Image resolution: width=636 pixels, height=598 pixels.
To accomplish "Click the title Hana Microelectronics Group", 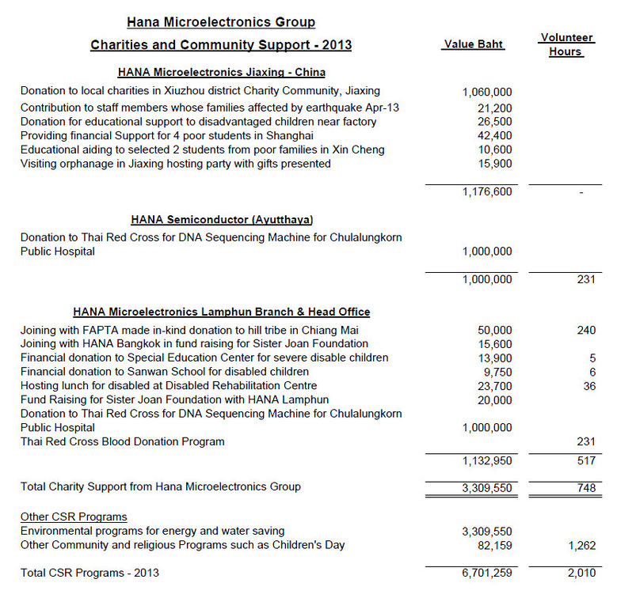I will (x=221, y=22).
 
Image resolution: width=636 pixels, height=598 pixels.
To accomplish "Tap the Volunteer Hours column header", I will (x=566, y=44).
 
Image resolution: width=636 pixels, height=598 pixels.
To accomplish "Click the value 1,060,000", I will (x=486, y=93).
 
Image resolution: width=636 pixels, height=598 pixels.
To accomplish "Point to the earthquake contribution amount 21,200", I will (x=495, y=108).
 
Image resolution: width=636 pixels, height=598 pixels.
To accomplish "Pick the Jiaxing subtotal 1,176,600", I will (x=486, y=191).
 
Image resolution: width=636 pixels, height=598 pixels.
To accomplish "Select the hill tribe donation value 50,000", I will (x=495, y=330).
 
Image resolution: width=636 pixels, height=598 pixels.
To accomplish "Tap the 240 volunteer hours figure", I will (x=586, y=330).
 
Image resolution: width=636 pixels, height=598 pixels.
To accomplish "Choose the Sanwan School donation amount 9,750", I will (x=498, y=372).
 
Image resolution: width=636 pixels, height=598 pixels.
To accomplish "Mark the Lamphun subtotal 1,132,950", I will (x=486, y=460).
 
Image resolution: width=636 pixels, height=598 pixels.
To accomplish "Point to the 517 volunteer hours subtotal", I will (x=586, y=460).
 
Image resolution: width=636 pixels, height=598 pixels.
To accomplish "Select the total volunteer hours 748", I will (x=586, y=487).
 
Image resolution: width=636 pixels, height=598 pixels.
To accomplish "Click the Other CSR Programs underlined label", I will (x=74, y=517).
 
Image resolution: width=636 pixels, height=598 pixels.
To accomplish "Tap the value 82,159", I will (x=495, y=546).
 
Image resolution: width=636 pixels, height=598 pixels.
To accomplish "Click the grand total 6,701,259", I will (x=486, y=573).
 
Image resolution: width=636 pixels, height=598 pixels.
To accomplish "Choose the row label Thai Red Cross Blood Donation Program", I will (x=122, y=441).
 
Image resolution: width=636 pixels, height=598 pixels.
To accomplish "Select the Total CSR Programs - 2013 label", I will (x=95, y=573).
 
